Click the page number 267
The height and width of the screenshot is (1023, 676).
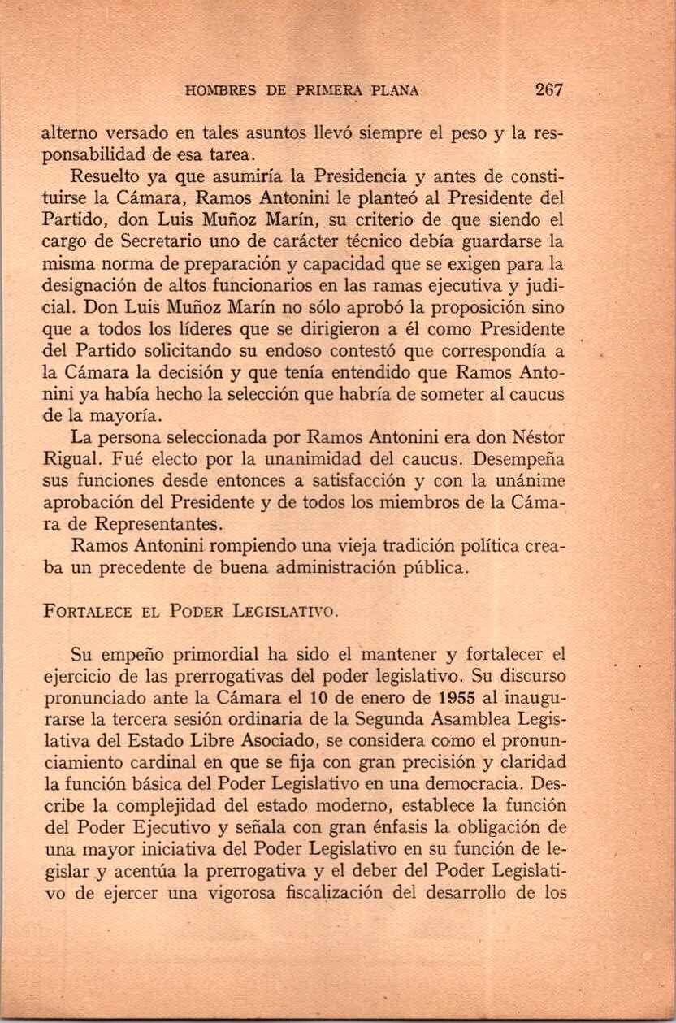(550, 89)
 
